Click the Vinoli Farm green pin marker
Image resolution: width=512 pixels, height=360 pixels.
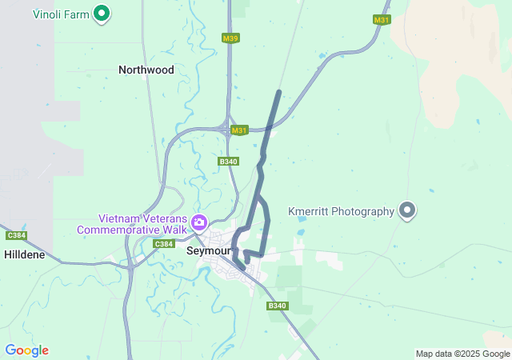pyautogui.click(x=102, y=13)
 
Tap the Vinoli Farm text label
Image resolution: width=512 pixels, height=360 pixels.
pyautogui.click(x=61, y=14)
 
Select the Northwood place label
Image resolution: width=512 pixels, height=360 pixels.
pyautogui.click(x=146, y=70)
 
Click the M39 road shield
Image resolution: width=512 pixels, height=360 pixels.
pyautogui.click(x=230, y=38)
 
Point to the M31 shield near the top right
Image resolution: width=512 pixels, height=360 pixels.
pyautogui.click(x=382, y=19)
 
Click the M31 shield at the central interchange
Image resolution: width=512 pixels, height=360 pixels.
pyautogui.click(x=239, y=130)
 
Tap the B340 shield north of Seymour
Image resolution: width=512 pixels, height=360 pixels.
pyautogui.click(x=228, y=162)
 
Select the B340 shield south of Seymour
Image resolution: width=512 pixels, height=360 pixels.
pyautogui.click(x=277, y=306)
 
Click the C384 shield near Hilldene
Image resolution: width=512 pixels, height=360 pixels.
pyautogui.click(x=15, y=235)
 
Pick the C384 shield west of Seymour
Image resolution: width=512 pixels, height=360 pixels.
pyautogui.click(x=163, y=244)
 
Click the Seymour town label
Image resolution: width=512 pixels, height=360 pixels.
pyautogui.click(x=207, y=250)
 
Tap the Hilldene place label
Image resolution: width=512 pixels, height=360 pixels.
pyautogui.click(x=29, y=254)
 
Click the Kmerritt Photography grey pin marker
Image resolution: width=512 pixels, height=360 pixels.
pyautogui.click(x=407, y=210)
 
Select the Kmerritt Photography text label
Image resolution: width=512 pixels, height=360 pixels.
pyautogui.click(x=341, y=211)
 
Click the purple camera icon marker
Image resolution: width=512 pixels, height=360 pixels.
pyautogui.click(x=199, y=222)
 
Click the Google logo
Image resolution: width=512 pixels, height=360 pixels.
pyautogui.click(x=26, y=350)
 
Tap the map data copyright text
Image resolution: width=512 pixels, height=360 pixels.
pyautogui.click(x=462, y=354)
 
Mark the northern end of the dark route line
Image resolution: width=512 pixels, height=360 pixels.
pyautogui.click(x=278, y=93)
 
